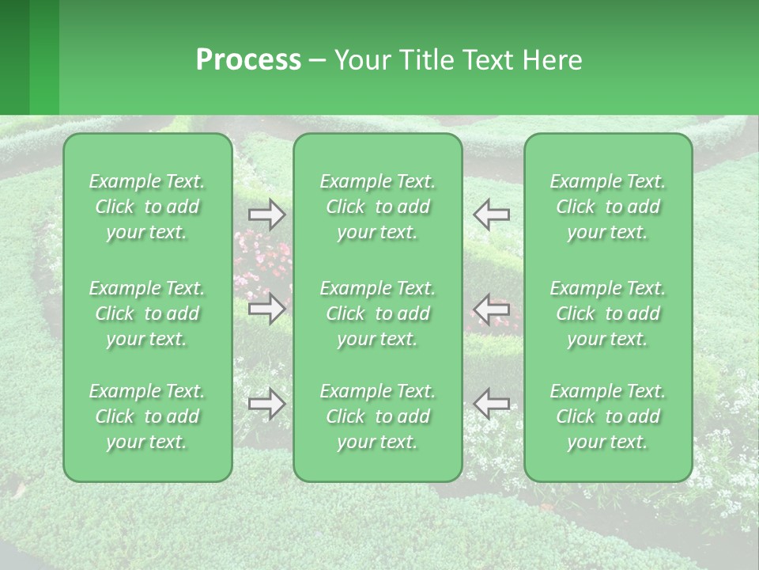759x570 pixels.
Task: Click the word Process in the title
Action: pyautogui.click(x=248, y=60)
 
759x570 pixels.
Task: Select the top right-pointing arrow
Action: pyautogui.click(x=266, y=215)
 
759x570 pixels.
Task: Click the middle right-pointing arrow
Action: pyautogui.click(x=266, y=309)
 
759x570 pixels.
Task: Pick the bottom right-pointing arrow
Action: pyautogui.click(x=266, y=404)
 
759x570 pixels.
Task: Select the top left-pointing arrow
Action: pyautogui.click(x=491, y=215)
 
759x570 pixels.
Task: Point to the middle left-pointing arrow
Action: pyautogui.click(x=491, y=309)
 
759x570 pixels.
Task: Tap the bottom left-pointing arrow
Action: pyautogui.click(x=491, y=404)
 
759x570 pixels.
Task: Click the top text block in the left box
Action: pyautogui.click(x=147, y=207)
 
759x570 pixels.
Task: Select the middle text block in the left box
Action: pyautogui.click(x=147, y=313)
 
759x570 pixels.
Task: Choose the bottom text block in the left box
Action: pyautogui.click(x=147, y=416)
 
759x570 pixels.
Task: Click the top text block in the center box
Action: pyautogui.click(x=378, y=207)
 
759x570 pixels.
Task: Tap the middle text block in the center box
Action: pyautogui.click(x=378, y=313)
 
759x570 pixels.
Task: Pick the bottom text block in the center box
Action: pyautogui.click(x=378, y=416)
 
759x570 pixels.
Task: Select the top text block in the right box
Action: pyautogui.click(x=608, y=207)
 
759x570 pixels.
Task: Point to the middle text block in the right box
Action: pyautogui.click(x=608, y=313)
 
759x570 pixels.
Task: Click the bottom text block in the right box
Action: pyautogui.click(x=608, y=416)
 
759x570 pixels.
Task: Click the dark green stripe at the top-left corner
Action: pyautogui.click(x=14, y=57)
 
